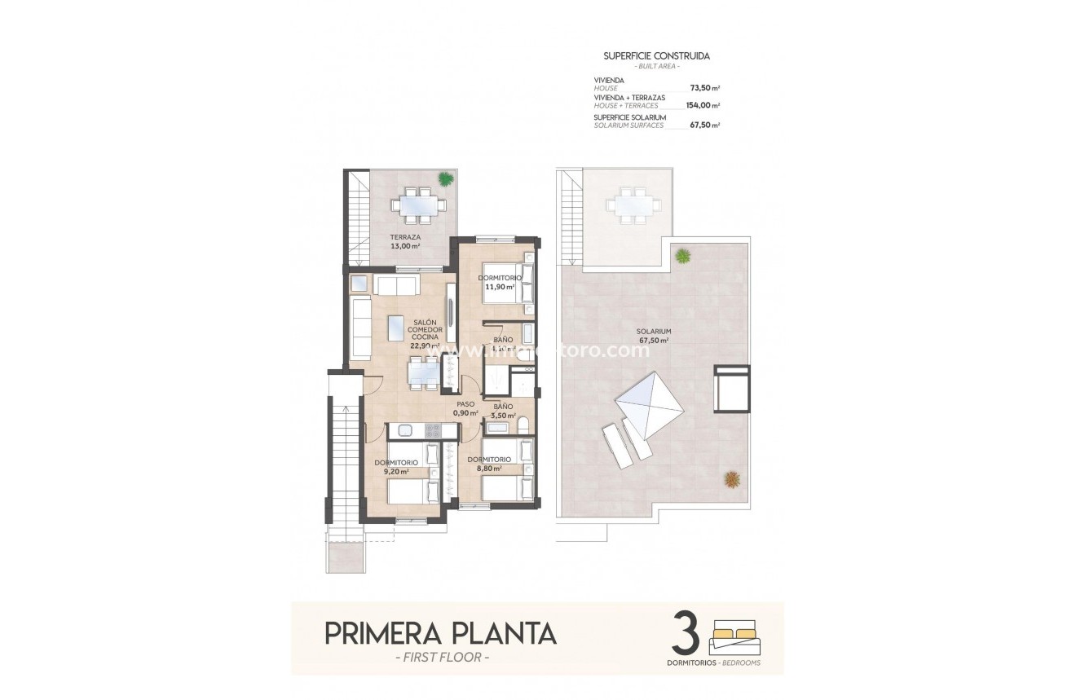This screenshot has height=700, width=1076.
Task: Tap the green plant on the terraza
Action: coord(444,178)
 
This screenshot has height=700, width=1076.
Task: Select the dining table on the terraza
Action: coord(416,205)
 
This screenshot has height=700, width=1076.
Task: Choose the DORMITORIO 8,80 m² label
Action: coord(488,464)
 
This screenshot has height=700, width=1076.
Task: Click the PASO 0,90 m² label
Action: coord(465,407)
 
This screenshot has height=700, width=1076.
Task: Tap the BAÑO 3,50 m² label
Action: coord(503,410)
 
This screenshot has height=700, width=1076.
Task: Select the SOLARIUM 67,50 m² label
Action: coord(654,336)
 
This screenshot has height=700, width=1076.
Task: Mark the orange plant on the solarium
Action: coord(732,479)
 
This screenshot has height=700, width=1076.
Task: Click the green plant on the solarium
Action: coord(682,256)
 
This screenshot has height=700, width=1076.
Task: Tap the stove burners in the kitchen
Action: coord(432,430)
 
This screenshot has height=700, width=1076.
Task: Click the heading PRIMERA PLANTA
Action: coord(440,633)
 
